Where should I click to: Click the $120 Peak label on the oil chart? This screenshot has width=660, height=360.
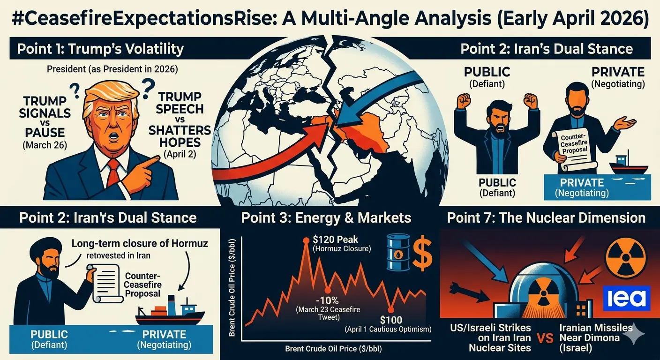click(335, 239)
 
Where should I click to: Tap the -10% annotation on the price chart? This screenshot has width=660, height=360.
click(327, 301)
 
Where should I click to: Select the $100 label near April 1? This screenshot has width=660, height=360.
click(391, 320)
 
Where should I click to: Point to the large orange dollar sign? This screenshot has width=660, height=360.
click(422, 253)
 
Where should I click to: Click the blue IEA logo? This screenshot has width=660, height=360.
click(627, 298)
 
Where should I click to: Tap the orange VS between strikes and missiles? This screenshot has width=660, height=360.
click(545, 338)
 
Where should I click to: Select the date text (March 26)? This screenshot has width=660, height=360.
click(45, 145)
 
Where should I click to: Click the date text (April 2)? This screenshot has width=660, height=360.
click(180, 154)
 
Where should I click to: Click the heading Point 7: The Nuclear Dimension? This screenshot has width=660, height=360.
click(546, 218)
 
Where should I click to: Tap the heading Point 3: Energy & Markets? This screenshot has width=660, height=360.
click(326, 218)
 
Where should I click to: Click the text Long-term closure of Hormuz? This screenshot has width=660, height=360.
click(140, 243)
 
